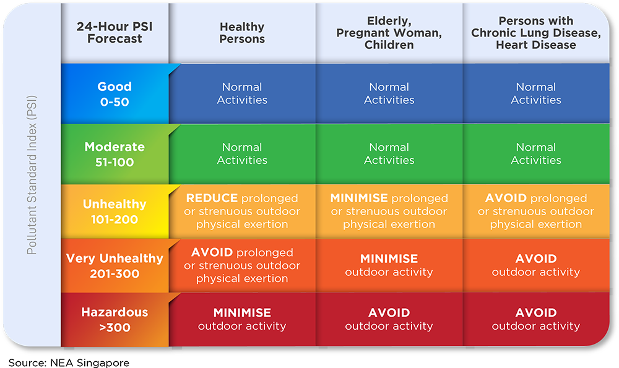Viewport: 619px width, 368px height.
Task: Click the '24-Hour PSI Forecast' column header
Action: [115, 32]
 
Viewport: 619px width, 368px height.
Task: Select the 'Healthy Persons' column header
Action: [242, 33]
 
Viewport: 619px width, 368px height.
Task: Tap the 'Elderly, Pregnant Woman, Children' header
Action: [389, 33]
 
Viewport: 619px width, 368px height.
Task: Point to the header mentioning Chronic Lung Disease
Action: [535, 33]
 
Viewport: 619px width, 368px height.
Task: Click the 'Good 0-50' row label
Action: [115, 94]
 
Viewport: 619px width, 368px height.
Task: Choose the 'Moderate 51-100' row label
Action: [115, 154]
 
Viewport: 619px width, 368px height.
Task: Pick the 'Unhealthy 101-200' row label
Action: [115, 212]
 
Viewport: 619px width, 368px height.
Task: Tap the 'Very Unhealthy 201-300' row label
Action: [115, 266]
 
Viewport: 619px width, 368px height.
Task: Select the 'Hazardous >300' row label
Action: [115, 320]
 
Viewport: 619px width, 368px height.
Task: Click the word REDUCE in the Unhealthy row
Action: [212, 198]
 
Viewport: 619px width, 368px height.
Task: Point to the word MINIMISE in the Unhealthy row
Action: [359, 198]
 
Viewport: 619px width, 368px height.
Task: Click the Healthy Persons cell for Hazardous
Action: [242, 319]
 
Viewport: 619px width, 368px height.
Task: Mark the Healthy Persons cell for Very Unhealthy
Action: [242, 265]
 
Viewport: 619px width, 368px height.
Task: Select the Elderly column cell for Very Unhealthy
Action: [389, 265]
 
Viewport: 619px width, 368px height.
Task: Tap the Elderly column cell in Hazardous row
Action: [389, 319]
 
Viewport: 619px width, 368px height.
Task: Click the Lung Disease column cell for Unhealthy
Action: [535, 211]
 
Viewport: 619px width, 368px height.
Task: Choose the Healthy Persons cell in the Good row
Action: [242, 93]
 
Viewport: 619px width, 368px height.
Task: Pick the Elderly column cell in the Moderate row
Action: [389, 153]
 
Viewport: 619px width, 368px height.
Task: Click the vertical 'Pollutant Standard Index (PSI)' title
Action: [32, 175]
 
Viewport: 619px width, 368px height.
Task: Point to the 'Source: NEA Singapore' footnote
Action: [69, 362]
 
